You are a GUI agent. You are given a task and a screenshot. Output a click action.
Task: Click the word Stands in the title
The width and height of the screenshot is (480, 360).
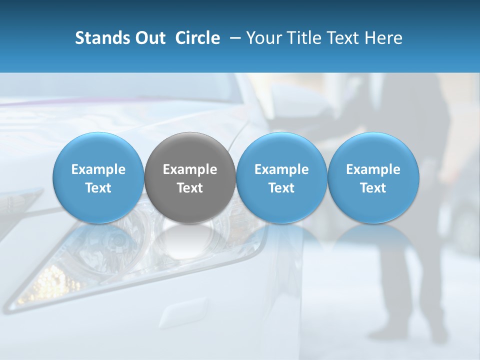(98, 38)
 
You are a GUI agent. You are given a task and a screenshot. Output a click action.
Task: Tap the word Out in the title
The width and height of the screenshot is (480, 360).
(149, 38)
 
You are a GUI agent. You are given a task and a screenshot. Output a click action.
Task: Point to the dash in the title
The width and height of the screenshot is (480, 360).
(233, 38)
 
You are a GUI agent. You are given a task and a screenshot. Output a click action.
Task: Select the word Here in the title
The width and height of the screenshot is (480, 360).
(384, 38)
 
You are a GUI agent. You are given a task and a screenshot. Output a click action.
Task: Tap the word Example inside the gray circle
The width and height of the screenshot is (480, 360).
(190, 169)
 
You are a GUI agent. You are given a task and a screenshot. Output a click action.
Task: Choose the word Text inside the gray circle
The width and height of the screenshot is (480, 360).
(190, 188)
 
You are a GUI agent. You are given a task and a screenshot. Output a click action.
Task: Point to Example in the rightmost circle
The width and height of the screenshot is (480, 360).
(373, 169)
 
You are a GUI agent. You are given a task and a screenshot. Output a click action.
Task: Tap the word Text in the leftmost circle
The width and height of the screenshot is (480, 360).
(98, 188)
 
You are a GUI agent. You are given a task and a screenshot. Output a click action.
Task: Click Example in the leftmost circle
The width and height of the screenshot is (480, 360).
(98, 169)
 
